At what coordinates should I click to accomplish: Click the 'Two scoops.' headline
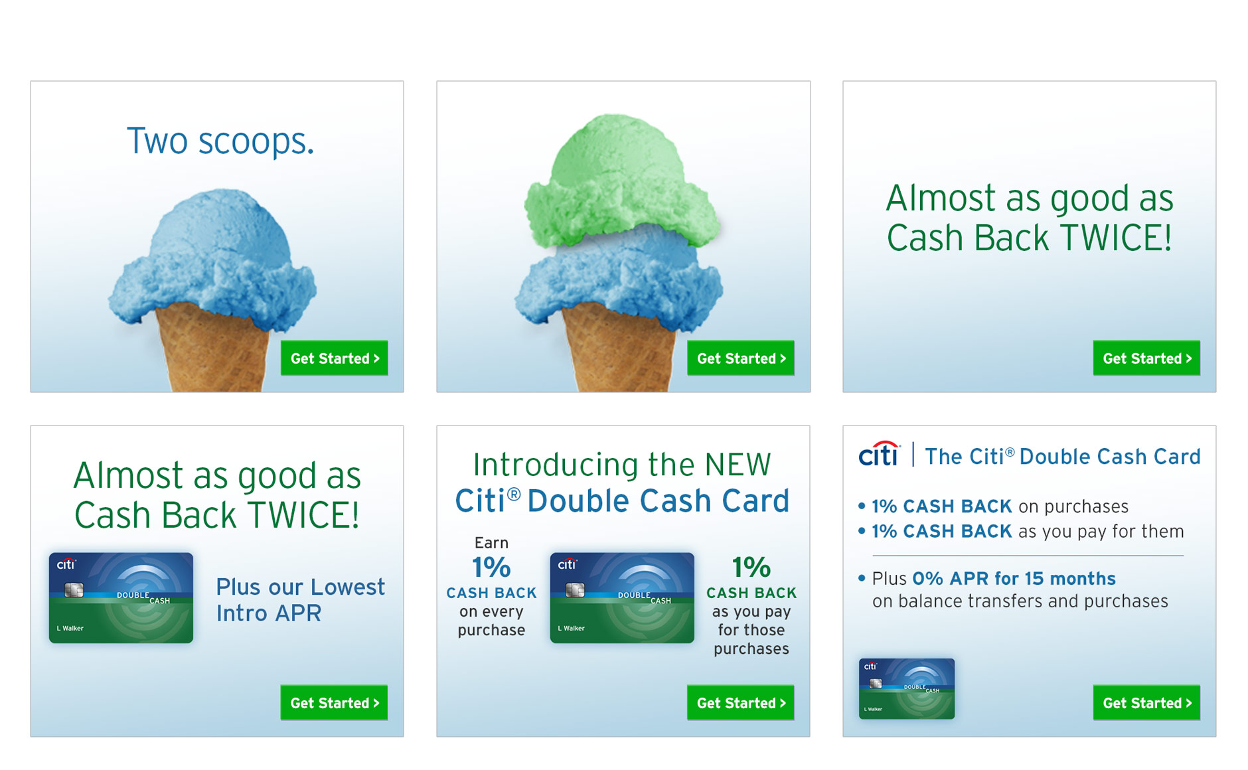pos(220,141)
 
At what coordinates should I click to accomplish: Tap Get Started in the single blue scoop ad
pos(334,358)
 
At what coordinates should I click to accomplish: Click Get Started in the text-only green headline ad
pos(1146,358)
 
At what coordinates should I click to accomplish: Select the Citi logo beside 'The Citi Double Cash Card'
pos(880,454)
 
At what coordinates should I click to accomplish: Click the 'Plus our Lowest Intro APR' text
pos(300,599)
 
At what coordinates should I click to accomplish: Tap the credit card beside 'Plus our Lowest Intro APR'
pos(121,597)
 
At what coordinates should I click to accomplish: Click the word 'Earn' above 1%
pos(491,542)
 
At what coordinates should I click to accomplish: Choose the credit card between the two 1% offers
pos(622,597)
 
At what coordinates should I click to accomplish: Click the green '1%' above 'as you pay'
pos(751,568)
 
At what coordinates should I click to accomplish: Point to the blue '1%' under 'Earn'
pos(491,568)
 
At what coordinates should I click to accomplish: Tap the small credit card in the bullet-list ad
pos(906,688)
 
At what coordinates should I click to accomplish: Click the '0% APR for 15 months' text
pos(1014,578)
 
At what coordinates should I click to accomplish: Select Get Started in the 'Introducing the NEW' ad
pos(740,702)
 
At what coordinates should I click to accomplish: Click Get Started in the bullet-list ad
pos(1146,702)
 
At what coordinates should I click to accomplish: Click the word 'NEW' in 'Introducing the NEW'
pos(738,465)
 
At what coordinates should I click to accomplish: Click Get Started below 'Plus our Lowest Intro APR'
pos(334,702)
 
